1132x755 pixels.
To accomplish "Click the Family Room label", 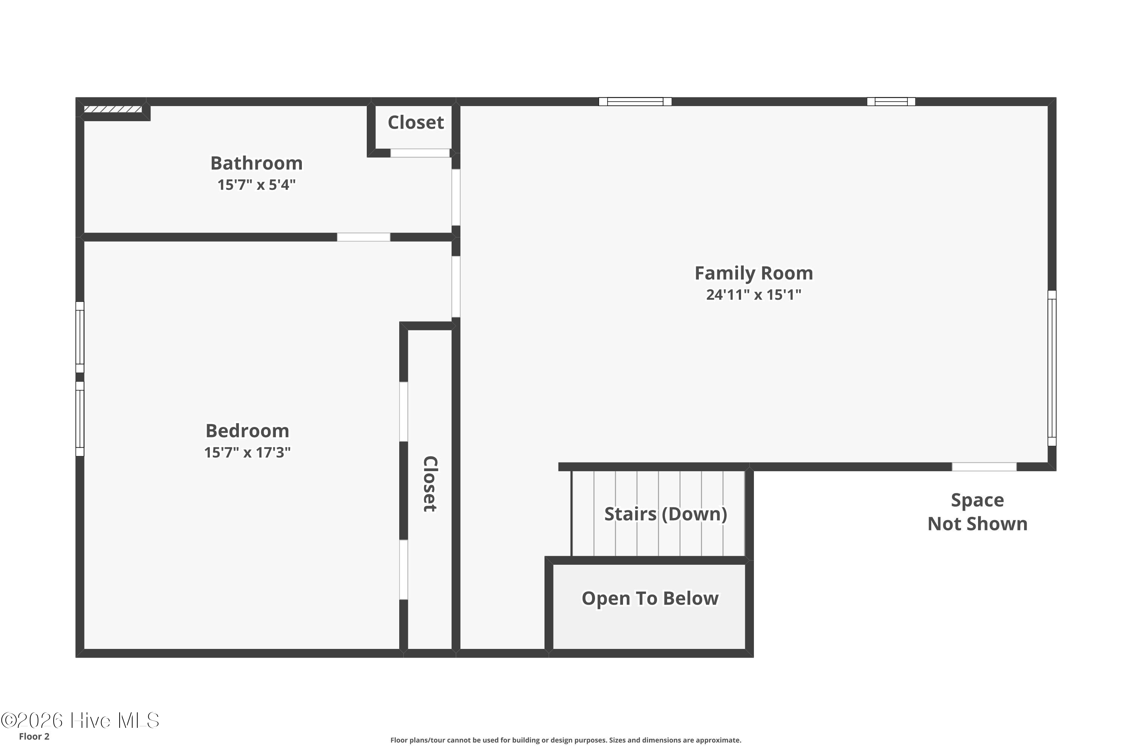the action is [x=754, y=273].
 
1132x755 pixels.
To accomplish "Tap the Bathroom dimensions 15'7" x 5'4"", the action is [x=257, y=185].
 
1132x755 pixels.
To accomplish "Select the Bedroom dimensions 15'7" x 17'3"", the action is [x=248, y=453].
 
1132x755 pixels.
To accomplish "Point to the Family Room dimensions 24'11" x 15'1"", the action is [x=754, y=295].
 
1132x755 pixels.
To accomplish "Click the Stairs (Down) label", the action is [x=666, y=514].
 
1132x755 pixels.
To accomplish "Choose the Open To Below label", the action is [x=650, y=598].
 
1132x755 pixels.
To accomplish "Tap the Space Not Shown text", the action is [x=978, y=512].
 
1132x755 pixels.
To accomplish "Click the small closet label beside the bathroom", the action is [x=416, y=122].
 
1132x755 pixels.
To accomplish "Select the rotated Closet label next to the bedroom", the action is [x=430, y=484].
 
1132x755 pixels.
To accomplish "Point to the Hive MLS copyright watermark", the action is [x=80, y=720].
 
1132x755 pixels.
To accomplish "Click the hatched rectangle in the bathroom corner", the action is [x=113, y=109].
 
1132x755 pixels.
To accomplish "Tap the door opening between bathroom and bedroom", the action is [x=363, y=237].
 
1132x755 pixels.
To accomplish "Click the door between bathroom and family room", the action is [x=456, y=197].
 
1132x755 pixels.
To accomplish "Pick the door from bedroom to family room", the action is [x=456, y=287].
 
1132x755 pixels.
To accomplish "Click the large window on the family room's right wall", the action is [x=1052, y=368].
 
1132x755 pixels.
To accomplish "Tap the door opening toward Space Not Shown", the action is [x=984, y=467].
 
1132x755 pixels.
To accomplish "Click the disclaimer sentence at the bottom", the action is [x=566, y=740].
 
